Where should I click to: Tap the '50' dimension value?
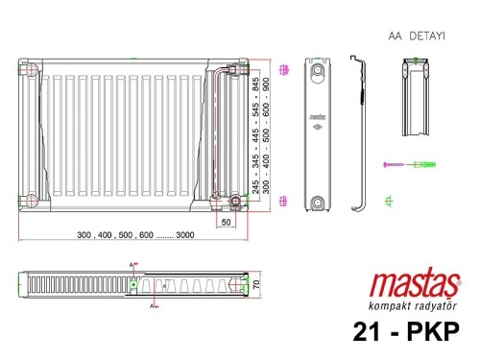tap(227, 222)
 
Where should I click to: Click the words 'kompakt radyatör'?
tap(413, 306)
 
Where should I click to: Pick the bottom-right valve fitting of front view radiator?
tap(234, 202)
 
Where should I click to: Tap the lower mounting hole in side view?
tap(317, 202)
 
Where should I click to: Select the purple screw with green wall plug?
tap(409, 165)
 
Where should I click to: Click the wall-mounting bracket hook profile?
tap(356, 134)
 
